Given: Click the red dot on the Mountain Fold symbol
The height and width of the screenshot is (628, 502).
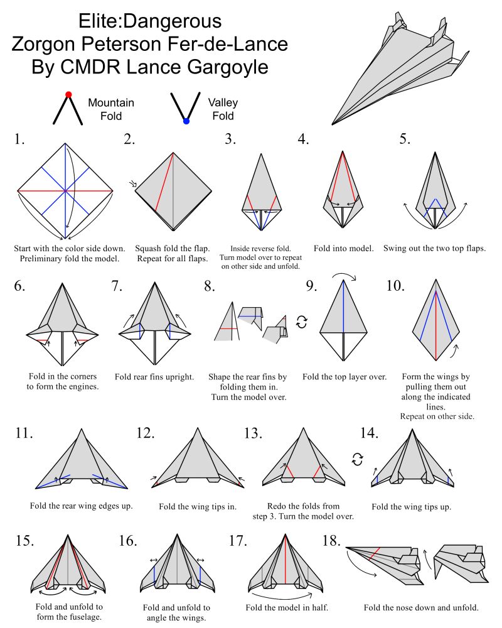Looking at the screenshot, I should [x=68, y=95].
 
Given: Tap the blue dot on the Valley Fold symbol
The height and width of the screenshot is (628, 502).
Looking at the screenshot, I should [x=186, y=121].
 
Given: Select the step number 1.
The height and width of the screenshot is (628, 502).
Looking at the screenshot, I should [x=19, y=139].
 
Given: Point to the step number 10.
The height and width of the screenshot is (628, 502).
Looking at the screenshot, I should [x=395, y=286].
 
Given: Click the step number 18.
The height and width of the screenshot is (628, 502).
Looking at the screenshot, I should [x=333, y=541].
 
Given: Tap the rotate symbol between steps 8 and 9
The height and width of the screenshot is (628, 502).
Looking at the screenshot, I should [x=302, y=322].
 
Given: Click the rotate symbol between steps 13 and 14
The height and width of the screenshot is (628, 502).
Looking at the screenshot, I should [x=358, y=460].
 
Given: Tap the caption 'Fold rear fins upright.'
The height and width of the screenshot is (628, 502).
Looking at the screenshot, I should [x=154, y=377].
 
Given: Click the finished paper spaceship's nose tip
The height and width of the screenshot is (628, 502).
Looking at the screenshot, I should [x=333, y=124].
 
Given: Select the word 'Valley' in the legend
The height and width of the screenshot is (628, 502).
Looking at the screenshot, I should [x=223, y=102].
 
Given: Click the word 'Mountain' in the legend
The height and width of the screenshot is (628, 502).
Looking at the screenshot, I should [x=111, y=102].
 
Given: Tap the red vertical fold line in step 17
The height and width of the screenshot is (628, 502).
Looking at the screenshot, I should [x=287, y=562].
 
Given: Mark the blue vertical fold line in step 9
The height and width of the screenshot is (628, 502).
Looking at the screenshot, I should [x=343, y=308].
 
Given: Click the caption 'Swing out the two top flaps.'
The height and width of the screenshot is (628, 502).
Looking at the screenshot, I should [x=435, y=248].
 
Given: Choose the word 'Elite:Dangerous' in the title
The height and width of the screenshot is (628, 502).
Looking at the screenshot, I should [x=150, y=21].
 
